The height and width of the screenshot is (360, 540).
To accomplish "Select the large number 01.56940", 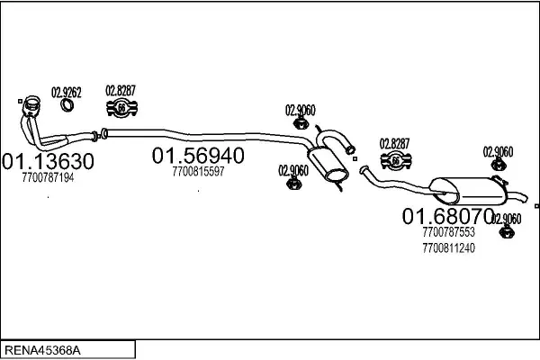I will click(198, 156).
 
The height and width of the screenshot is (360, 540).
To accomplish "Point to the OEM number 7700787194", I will click(47, 178).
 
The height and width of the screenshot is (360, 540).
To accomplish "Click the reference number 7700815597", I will click(198, 171).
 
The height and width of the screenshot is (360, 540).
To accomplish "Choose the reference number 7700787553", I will click(447, 232).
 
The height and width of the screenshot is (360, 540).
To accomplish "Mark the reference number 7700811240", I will click(447, 247).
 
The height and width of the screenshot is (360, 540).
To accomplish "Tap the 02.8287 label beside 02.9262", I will click(121, 89).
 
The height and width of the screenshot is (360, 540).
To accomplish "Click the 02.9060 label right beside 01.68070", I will click(507, 219).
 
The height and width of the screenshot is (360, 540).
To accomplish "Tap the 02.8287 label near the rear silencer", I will click(394, 142).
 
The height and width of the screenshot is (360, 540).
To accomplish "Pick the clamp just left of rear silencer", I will click(394, 162).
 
